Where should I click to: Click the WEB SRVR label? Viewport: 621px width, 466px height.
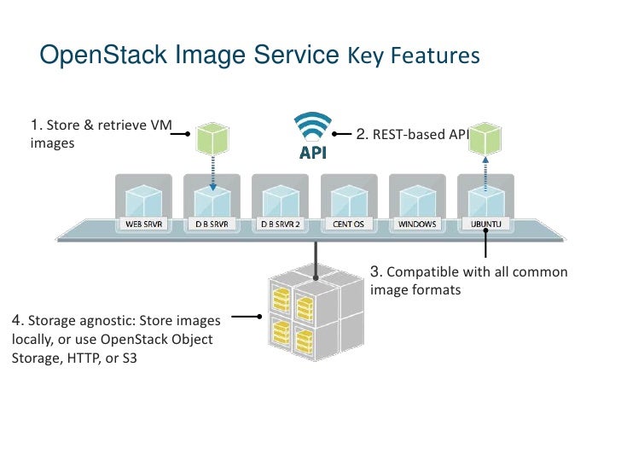[x=144, y=224]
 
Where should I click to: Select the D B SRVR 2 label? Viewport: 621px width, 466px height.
[x=281, y=224]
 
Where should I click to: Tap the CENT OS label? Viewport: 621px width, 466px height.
[x=349, y=224]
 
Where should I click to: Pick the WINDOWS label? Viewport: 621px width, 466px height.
[x=417, y=224]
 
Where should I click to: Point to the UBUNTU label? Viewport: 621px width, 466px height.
[x=485, y=224]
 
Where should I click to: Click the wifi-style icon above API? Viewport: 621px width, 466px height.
[x=312, y=126]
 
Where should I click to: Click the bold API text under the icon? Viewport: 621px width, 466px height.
[x=313, y=153]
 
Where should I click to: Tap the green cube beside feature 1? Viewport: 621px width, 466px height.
[x=212, y=138]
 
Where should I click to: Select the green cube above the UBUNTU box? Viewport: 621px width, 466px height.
[x=485, y=138]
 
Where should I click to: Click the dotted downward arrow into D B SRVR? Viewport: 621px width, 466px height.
[x=213, y=173]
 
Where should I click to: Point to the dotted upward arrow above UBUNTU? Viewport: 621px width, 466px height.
[x=485, y=174]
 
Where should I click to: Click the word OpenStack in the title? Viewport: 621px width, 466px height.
[x=103, y=55]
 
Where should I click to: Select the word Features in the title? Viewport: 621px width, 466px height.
[x=435, y=55]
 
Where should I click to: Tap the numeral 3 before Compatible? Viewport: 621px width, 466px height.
[x=375, y=271]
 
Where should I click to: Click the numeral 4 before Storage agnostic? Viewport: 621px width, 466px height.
[x=16, y=320]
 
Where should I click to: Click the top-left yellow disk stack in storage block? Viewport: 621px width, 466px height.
[x=281, y=300]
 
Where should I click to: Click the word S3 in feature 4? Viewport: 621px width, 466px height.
[x=130, y=358]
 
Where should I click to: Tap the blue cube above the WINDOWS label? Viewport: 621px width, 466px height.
[x=417, y=201]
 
